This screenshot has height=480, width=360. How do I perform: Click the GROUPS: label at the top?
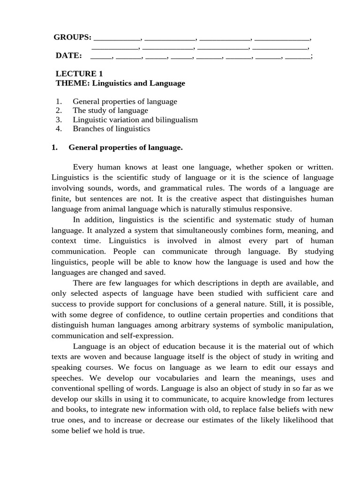point(72,37)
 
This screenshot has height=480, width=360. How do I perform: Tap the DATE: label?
point(68,56)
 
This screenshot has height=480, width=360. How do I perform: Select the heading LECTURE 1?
point(79,74)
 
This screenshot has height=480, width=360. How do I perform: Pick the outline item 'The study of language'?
point(110,111)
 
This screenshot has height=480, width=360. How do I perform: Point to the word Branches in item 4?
point(89,128)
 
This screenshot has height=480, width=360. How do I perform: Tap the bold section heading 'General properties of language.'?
point(125,148)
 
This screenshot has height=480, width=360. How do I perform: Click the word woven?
point(89,357)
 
